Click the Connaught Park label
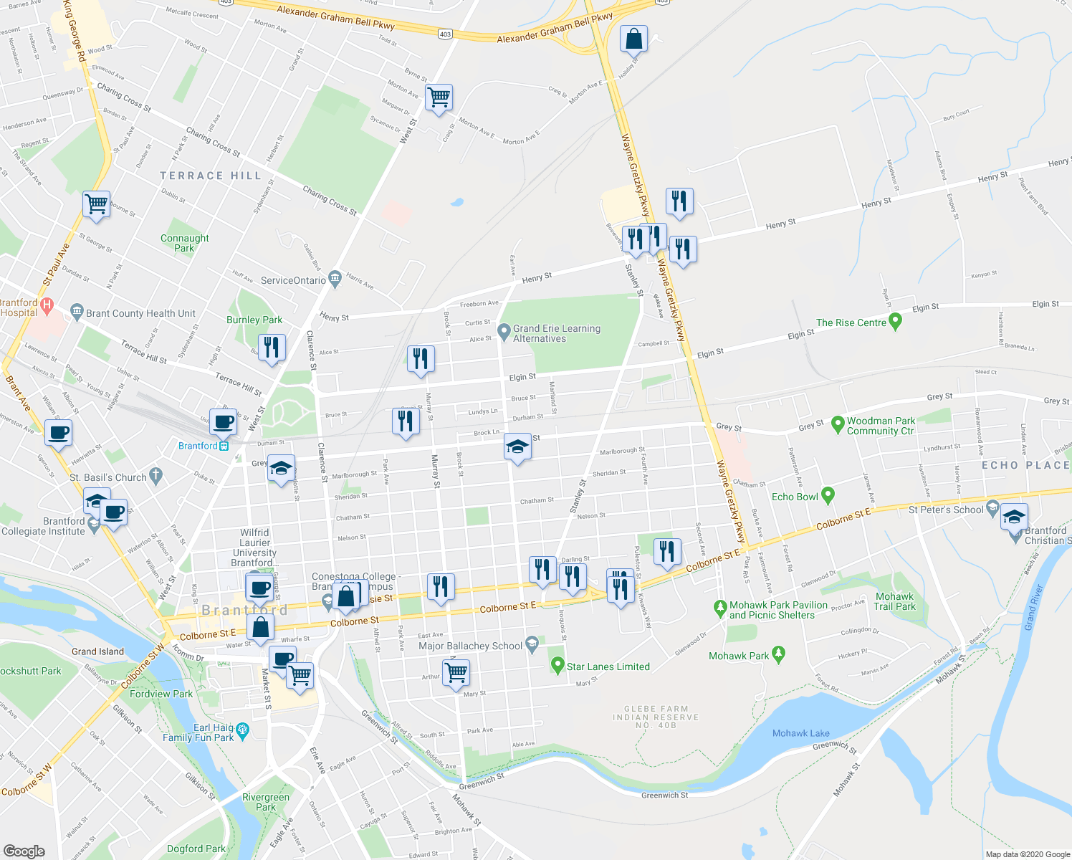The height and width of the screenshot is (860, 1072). [184, 243]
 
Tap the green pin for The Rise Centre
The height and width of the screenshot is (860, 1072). [895, 322]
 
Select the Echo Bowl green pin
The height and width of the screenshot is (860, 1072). [828, 494]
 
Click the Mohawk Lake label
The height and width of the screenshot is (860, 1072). [800, 733]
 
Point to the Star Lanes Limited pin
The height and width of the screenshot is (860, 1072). [557, 666]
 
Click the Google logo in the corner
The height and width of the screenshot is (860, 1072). [24, 851]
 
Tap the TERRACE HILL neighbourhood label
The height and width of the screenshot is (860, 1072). [211, 176]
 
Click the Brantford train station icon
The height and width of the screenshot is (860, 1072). [224, 446]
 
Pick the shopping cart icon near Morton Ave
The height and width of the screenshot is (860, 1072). [439, 97]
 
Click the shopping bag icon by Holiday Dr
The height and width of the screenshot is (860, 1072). [634, 39]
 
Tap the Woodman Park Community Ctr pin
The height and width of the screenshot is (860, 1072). [837, 424]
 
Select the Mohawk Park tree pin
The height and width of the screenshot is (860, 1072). [779, 654]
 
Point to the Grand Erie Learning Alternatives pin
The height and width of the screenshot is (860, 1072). [504, 332]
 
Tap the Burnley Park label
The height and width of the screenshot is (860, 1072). [254, 320]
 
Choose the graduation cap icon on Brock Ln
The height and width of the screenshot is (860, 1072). [517, 447]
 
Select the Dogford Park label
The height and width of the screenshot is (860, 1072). [196, 849]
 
